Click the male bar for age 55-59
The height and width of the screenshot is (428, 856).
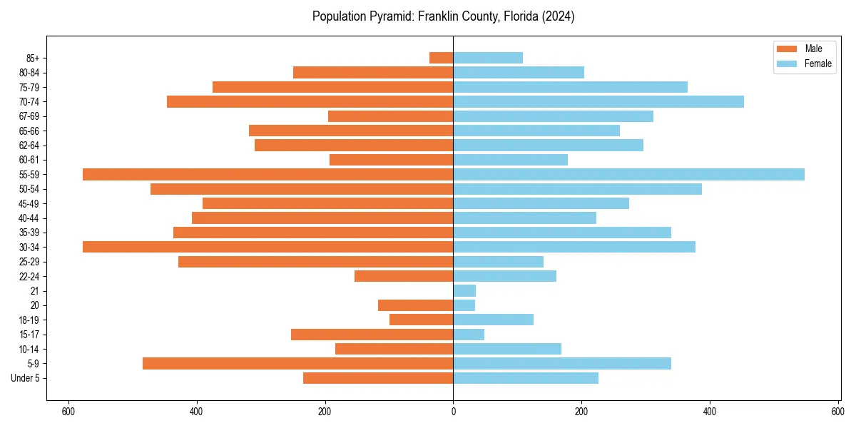267,174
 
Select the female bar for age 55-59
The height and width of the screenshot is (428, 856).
628,174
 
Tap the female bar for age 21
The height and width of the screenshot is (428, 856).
464,290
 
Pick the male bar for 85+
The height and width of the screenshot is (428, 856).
442,58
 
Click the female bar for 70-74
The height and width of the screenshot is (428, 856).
598,101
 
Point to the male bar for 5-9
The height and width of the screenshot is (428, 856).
297,363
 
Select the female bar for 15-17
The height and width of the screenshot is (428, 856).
469,334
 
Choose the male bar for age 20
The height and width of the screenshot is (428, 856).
415,305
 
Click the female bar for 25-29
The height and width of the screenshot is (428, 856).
498,261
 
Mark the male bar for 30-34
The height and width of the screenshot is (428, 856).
267,247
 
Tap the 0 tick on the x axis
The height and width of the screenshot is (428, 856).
453,412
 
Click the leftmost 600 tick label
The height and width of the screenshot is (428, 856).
68,412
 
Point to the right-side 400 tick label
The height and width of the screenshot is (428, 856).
709,412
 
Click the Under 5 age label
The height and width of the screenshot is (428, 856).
25,378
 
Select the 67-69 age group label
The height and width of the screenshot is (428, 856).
29,116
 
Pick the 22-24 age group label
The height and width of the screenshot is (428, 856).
29,276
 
